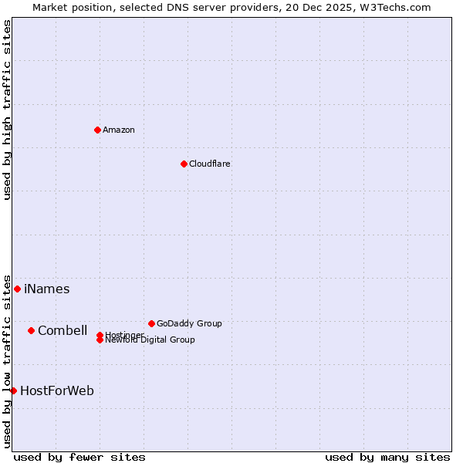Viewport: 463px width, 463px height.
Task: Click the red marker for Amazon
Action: (97, 130)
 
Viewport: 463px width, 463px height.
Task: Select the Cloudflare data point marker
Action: (184, 164)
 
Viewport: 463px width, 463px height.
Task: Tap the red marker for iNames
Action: (17, 289)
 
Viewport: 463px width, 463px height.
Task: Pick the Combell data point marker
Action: (31, 330)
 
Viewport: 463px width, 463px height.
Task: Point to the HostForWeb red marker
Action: (13, 390)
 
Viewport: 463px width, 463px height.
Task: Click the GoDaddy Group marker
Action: (151, 323)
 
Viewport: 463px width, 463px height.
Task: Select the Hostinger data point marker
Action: (100, 335)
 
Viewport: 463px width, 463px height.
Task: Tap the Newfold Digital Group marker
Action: (100, 340)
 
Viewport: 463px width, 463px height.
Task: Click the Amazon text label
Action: (119, 130)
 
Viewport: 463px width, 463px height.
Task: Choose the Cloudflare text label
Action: (210, 164)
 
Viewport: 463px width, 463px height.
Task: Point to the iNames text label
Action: (47, 289)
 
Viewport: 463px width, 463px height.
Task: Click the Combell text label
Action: (63, 331)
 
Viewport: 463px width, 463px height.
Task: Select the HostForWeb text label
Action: (57, 391)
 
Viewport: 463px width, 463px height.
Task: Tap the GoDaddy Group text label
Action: (189, 323)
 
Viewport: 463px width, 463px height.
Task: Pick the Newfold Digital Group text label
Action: (150, 340)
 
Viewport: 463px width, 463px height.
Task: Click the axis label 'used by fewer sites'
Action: (79, 457)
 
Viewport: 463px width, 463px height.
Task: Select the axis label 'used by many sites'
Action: (387, 457)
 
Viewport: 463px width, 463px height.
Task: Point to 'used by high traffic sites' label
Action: (7, 110)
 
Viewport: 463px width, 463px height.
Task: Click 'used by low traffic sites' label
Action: (7, 360)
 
